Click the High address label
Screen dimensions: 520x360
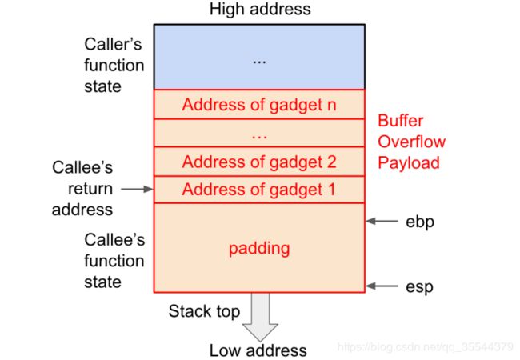pos(260,9)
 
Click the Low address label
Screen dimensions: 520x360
pos(258,350)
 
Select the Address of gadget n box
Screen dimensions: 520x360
pos(259,104)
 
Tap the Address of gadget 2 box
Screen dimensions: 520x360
pos(259,162)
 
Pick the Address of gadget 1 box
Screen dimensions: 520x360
pos(259,190)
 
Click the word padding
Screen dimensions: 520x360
pos(259,249)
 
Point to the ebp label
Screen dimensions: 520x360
pos(420,222)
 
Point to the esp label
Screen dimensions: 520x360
pos(419,286)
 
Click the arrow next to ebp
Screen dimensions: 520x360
pos(382,221)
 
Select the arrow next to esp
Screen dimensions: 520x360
pos(382,286)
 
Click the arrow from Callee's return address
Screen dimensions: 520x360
pos(137,189)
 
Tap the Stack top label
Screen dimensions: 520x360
pos(204,311)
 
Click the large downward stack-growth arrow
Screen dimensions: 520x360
pos(260,318)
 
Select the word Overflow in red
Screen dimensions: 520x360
pos(411,142)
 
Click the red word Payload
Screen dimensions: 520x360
pos(409,163)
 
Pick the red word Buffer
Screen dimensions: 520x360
pos(401,121)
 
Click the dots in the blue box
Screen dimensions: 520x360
pos(259,62)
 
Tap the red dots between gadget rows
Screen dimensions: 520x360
pos(259,136)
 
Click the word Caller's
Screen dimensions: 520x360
pos(113,44)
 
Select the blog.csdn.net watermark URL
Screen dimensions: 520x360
pos(426,346)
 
